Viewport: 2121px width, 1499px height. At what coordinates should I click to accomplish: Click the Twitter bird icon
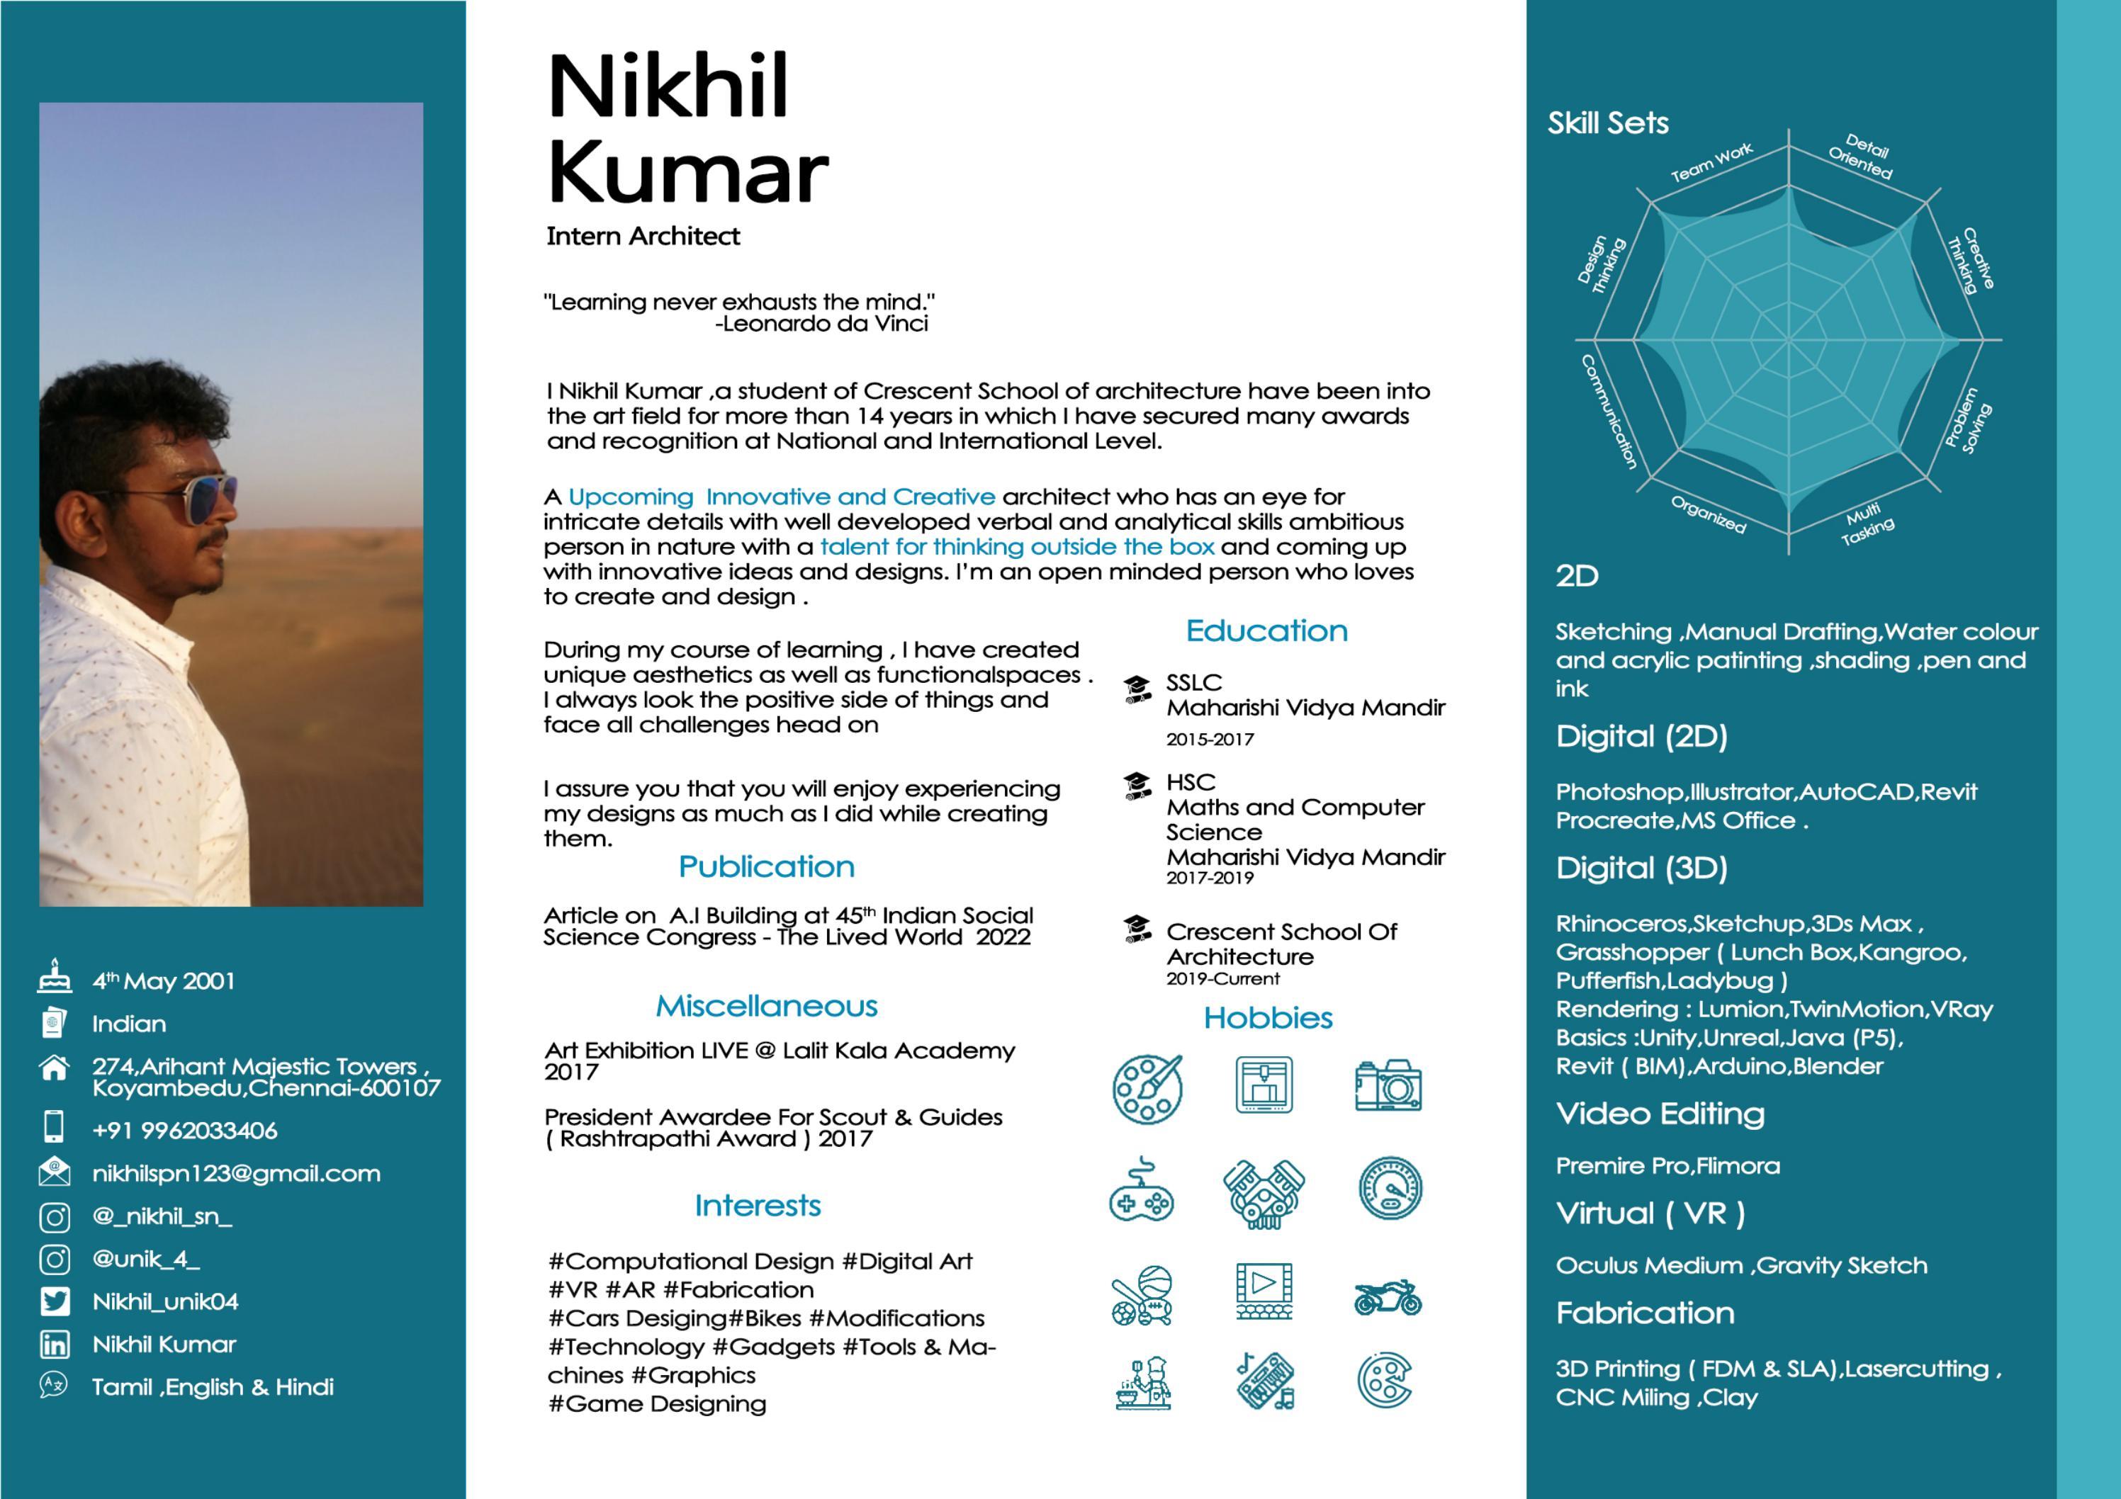pyautogui.click(x=55, y=1301)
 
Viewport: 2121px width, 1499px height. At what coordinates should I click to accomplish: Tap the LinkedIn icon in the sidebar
pyautogui.click(x=55, y=1345)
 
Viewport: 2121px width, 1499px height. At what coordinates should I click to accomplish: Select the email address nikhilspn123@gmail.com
pyautogui.click(x=235, y=1174)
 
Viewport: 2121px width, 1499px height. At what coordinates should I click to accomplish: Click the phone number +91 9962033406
pyautogui.click(x=185, y=1131)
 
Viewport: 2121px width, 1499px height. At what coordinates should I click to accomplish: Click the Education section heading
pyautogui.click(x=1266, y=630)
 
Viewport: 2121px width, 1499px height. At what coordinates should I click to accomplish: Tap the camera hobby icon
pyautogui.click(x=1388, y=1085)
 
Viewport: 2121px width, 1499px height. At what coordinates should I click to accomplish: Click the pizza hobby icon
pyautogui.click(x=1385, y=1381)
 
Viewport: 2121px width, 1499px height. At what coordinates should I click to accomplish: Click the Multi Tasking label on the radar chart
pyautogui.click(x=1866, y=524)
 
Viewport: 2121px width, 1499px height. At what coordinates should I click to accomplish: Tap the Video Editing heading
pyautogui.click(x=1660, y=1114)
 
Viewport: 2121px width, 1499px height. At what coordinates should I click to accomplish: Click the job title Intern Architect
pyautogui.click(x=643, y=237)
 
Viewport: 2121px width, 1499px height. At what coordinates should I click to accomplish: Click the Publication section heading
pyautogui.click(x=766, y=866)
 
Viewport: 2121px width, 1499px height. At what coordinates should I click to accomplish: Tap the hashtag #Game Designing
pyautogui.click(x=657, y=1404)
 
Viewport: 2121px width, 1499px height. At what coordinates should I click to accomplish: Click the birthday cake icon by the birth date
pyautogui.click(x=55, y=976)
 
